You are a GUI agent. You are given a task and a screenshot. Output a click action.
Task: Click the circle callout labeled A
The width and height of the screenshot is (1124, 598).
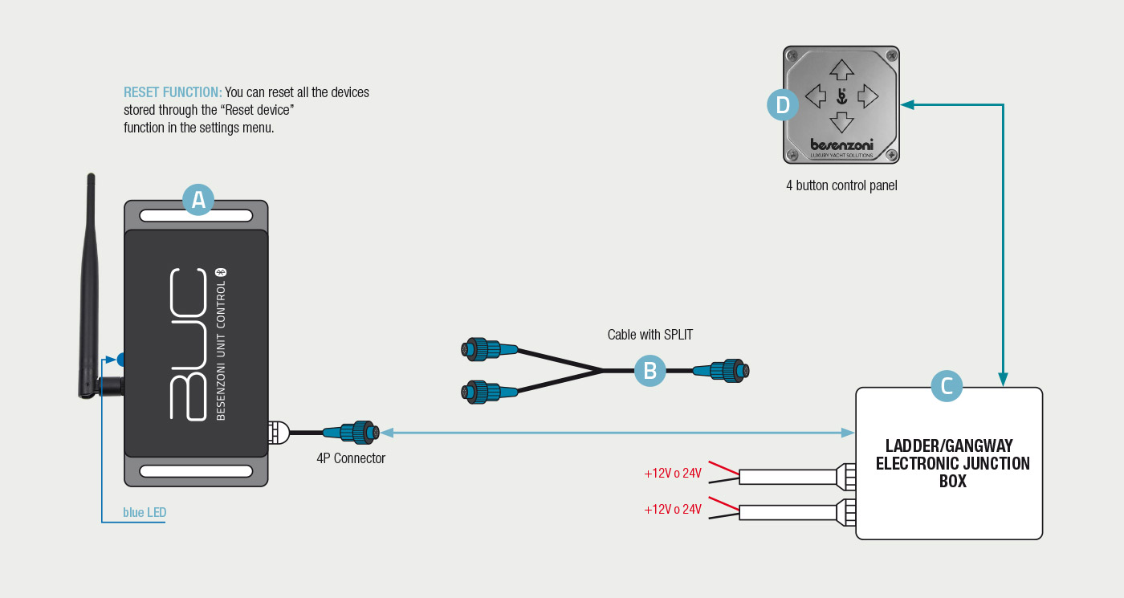198,200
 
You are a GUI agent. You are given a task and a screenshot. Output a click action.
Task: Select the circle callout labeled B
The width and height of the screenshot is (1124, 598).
650,371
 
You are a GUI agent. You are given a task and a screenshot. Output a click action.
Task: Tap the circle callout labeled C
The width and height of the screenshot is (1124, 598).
947,386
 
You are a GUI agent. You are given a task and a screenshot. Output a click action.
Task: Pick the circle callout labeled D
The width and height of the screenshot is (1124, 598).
783,104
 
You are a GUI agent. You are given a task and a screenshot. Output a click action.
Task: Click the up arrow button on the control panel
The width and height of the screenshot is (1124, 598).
841,71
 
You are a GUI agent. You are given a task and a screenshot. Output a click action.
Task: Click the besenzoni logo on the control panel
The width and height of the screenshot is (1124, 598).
841,144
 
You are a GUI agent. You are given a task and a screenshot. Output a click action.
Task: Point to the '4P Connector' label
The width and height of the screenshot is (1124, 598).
351,459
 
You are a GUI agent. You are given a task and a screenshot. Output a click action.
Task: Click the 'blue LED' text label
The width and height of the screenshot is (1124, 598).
145,512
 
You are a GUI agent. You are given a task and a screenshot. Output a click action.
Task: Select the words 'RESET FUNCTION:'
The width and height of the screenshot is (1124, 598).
173,92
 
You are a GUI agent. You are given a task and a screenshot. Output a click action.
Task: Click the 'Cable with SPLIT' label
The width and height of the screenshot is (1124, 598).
650,335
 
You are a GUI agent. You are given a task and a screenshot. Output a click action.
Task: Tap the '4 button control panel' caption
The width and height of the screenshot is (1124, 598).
841,185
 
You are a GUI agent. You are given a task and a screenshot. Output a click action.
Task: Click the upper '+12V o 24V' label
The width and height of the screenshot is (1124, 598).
673,474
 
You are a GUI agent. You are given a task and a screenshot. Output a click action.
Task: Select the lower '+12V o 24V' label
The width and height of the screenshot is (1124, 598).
673,510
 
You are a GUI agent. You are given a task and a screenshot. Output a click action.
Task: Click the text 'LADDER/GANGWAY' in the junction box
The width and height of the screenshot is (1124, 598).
948,445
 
